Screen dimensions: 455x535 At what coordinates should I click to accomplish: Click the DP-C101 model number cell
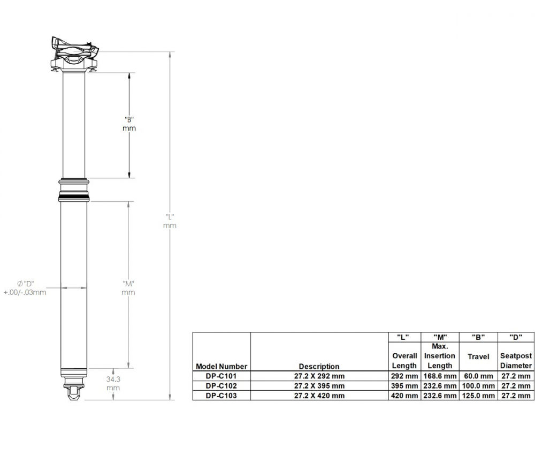tap(221, 376)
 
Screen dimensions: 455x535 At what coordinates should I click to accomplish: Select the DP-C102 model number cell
tap(221, 386)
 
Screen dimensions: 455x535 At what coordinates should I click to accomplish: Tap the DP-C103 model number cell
tap(221, 396)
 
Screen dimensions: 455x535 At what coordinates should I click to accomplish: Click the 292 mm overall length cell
tap(404, 376)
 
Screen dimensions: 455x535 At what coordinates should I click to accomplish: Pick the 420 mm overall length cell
tap(404, 396)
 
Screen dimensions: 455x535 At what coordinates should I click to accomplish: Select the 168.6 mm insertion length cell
tap(440, 376)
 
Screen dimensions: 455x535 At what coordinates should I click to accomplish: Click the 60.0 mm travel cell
tap(478, 376)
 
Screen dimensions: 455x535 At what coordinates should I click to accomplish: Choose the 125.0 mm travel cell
tap(478, 396)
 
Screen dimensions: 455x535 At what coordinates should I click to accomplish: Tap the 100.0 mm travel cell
tap(478, 386)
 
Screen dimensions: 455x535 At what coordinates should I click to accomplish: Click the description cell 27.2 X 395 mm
tap(319, 386)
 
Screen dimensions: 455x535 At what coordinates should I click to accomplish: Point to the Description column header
tap(319, 366)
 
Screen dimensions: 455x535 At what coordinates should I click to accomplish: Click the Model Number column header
tap(221, 366)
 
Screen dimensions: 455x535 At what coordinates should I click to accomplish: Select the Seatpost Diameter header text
tap(516, 360)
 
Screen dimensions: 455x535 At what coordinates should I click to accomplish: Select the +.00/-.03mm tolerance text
tap(25, 292)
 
